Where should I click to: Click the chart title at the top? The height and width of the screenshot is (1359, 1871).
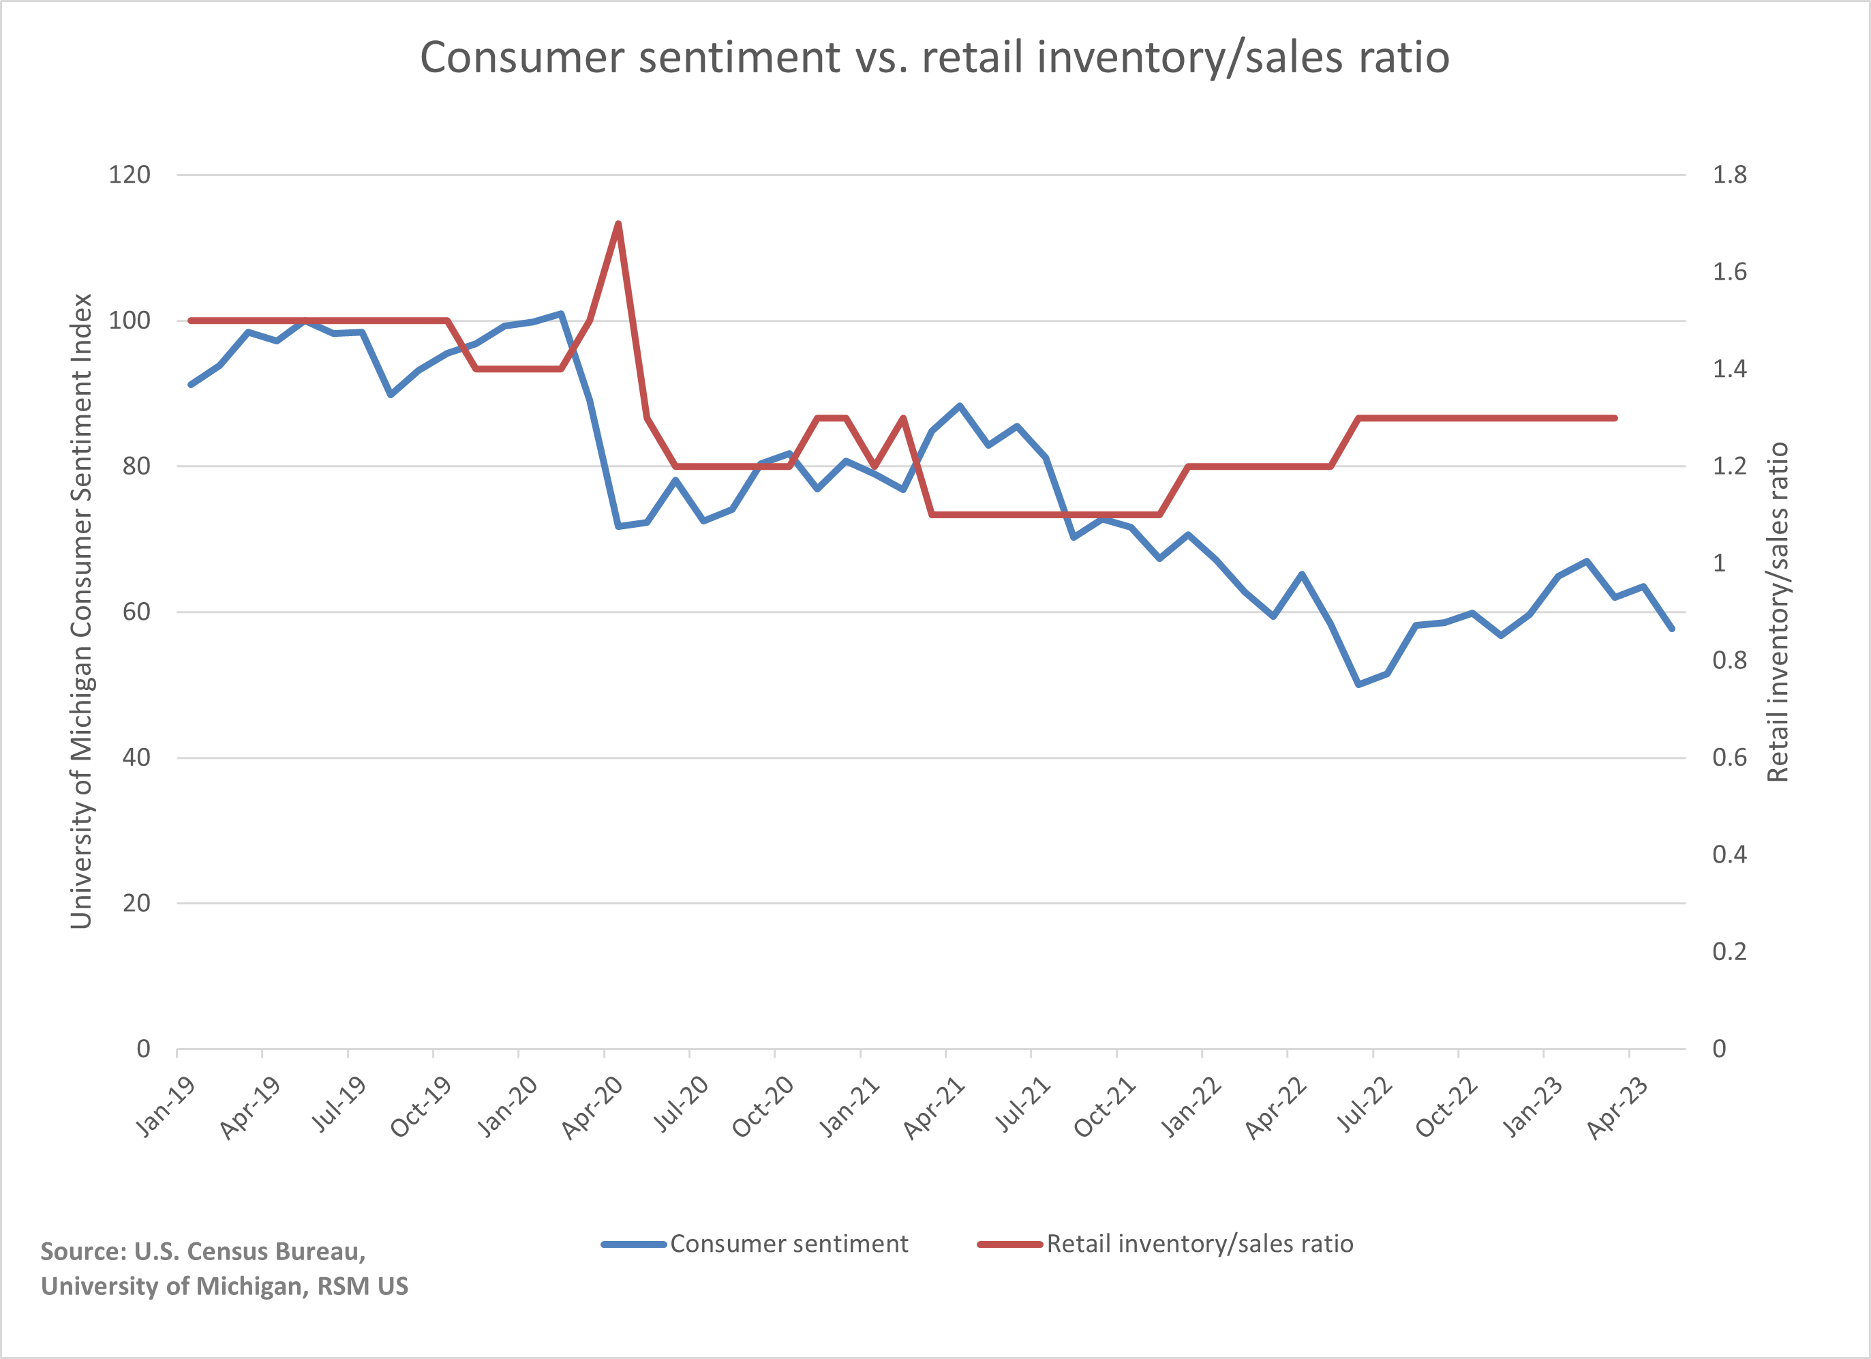coord(934,58)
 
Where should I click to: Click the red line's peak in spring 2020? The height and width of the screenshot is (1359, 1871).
coord(618,224)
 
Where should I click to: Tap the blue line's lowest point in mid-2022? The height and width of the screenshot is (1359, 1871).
coord(1358,684)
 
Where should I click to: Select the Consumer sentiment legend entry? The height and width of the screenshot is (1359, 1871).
coord(788,1244)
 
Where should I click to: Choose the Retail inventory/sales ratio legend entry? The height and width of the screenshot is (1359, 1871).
coord(1199,1244)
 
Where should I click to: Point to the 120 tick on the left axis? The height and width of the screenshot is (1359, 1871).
coord(130,175)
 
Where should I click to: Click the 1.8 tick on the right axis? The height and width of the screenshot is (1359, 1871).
coord(1729,175)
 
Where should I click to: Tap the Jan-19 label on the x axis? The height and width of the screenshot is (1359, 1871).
coord(165,1107)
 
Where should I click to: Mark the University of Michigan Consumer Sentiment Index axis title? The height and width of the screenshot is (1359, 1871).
coord(81,610)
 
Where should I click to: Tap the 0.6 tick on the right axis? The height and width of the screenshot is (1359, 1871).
coord(1729,758)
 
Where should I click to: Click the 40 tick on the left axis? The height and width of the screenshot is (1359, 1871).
coord(136,758)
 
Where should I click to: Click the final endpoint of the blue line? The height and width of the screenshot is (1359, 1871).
coord(1672,629)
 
